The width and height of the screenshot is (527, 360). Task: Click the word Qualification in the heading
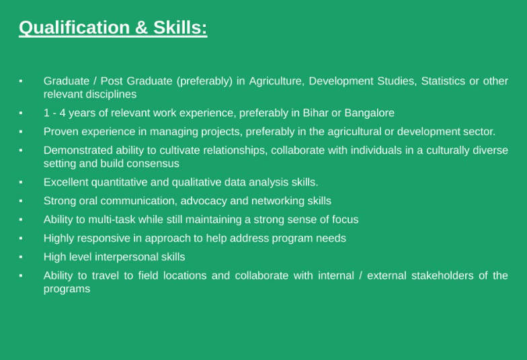point(74,28)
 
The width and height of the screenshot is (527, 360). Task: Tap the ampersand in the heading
point(141,28)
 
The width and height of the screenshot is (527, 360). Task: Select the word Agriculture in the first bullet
point(277,81)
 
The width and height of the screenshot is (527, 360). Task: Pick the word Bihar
point(315,113)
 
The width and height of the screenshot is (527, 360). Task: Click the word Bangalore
point(370,113)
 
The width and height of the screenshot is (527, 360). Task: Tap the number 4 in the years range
point(63,113)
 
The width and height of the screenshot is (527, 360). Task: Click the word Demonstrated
point(78,150)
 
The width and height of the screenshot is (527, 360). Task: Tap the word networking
point(278,201)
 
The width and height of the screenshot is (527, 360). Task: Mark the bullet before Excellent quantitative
point(21,183)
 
